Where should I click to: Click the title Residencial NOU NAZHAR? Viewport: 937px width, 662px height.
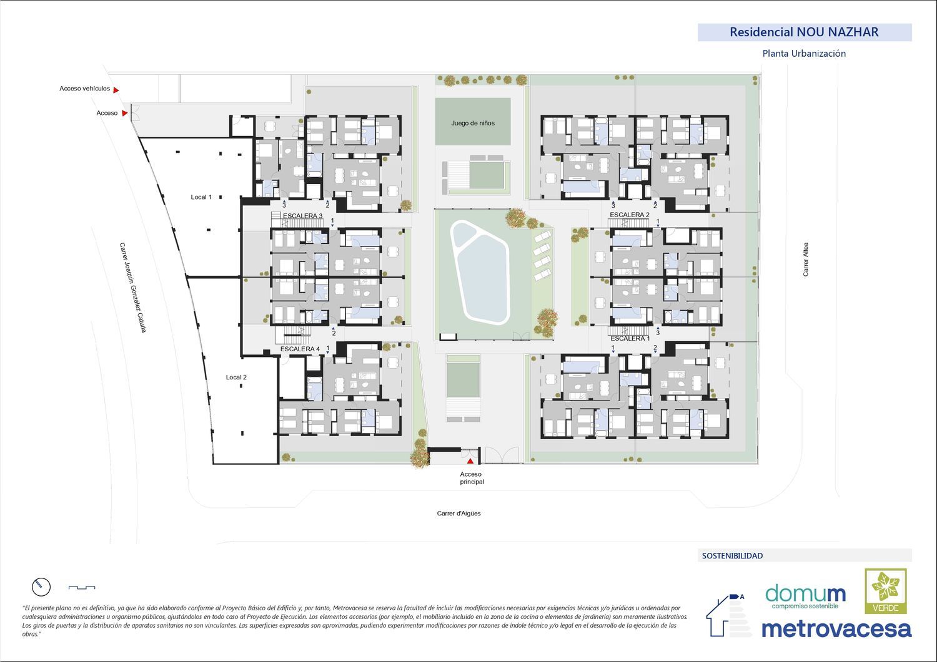point(804,32)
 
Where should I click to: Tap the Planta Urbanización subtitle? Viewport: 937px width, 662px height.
point(804,54)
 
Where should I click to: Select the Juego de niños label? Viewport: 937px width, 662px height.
point(473,123)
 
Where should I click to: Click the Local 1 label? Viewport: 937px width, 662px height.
point(201,197)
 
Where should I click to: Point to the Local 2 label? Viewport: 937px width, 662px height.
point(236,377)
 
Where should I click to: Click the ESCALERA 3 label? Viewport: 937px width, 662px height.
point(303,216)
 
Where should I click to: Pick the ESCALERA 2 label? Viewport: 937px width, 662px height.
point(630,215)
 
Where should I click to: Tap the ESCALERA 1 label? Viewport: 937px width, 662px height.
point(630,338)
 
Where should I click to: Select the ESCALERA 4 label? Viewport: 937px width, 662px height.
point(300,349)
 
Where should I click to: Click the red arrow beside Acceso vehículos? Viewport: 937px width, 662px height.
point(116,90)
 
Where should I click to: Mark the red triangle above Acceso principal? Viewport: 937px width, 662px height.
point(470,461)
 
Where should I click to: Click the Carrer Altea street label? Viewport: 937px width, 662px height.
point(806,259)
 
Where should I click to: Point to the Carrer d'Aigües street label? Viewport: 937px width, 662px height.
point(459,514)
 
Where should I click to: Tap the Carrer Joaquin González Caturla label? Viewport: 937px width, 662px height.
point(132,288)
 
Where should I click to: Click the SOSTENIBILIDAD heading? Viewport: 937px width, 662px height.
point(733,556)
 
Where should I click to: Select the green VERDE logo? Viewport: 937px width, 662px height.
point(886,591)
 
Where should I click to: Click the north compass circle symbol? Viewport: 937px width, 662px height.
point(41,587)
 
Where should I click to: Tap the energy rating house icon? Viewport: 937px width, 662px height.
point(727,615)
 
